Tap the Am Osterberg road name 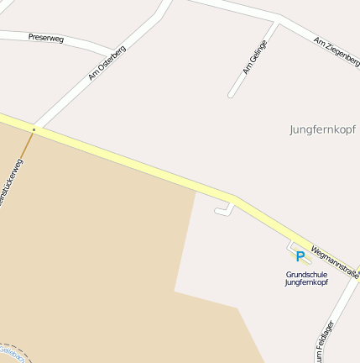coord(107,62)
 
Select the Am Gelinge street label coord(254,57)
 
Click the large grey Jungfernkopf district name coord(322,129)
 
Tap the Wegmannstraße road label coord(334,262)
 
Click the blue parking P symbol coord(300,256)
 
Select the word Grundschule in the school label coord(306,275)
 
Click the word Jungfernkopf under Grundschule coord(306,282)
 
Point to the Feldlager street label coord(325,341)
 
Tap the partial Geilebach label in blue coord(12,350)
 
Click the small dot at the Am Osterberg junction coord(34,129)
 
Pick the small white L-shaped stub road coord(224,210)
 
